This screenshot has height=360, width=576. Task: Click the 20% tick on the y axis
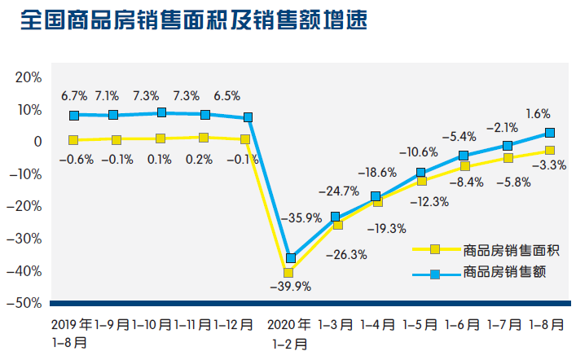[28, 77]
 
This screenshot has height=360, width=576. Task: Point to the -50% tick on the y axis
[24, 303]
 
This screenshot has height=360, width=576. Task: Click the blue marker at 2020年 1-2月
[291, 258]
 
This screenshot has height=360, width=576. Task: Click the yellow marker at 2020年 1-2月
[288, 272]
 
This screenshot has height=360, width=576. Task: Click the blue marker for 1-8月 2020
[550, 133]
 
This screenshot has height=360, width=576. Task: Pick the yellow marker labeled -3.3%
[550, 151]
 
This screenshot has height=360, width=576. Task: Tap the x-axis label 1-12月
[235, 324]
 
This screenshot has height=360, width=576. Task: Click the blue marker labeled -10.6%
[421, 173]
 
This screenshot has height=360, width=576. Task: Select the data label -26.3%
[347, 254]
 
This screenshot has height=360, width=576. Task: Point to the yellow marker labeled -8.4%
[465, 166]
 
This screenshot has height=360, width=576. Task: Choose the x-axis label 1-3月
[335, 324]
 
